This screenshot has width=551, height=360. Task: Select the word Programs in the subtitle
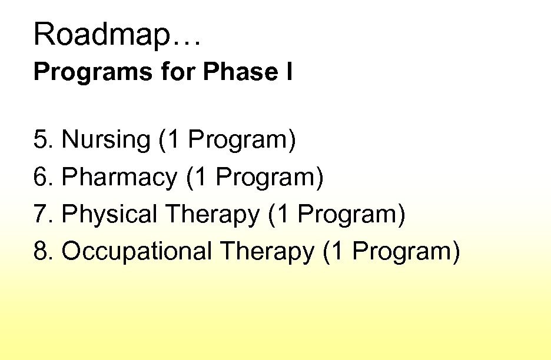point(74,73)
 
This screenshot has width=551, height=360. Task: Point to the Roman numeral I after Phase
point(289,73)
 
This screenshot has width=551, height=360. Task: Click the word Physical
point(109,214)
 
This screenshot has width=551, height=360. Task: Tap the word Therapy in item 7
point(212,214)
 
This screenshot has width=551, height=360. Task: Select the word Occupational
point(137,251)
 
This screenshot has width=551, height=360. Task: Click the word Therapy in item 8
point(267,251)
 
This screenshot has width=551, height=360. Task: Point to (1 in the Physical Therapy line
point(278,214)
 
